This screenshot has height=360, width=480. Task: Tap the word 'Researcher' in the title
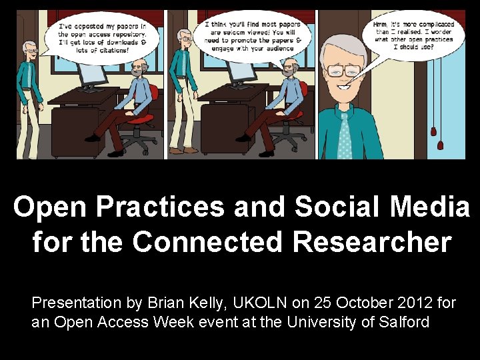pyautogui.click(x=371, y=241)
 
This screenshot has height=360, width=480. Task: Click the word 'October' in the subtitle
pyautogui.click(x=357, y=303)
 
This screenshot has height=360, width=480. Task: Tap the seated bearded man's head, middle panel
pyautogui.click(x=289, y=69)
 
